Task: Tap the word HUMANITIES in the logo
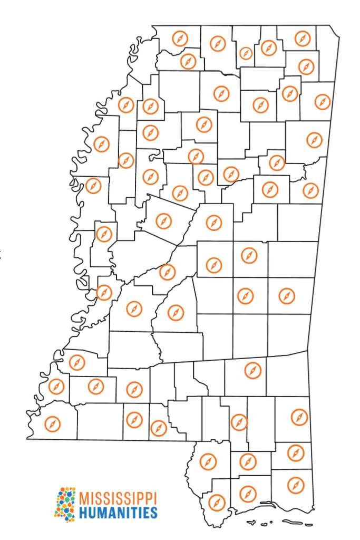pyautogui.click(x=118, y=512)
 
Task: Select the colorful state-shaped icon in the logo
pyautogui.click(x=65, y=504)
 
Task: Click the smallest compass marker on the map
pyautogui.click(x=246, y=53)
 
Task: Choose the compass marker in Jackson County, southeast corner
pyautogui.click(x=296, y=485)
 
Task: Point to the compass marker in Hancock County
pyautogui.click(x=217, y=502)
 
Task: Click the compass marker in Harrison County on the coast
pyautogui.click(x=248, y=494)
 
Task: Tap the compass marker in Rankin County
pyautogui.click(x=176, y=312)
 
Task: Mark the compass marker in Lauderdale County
pyautogui.click(x=287, y=295)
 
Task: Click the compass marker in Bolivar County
pyautogui.click(x=101, y=143)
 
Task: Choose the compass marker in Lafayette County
pyautogui.click(x=221, y=94)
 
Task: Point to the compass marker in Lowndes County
pyautogui.click(x=311, y=190)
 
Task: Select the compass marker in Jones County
pyautogui.click(x=253, y=370)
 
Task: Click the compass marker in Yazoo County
pyautogui.click(x=164, y=221)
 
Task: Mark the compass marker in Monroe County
pyautogui.click(x=314, y=140)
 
